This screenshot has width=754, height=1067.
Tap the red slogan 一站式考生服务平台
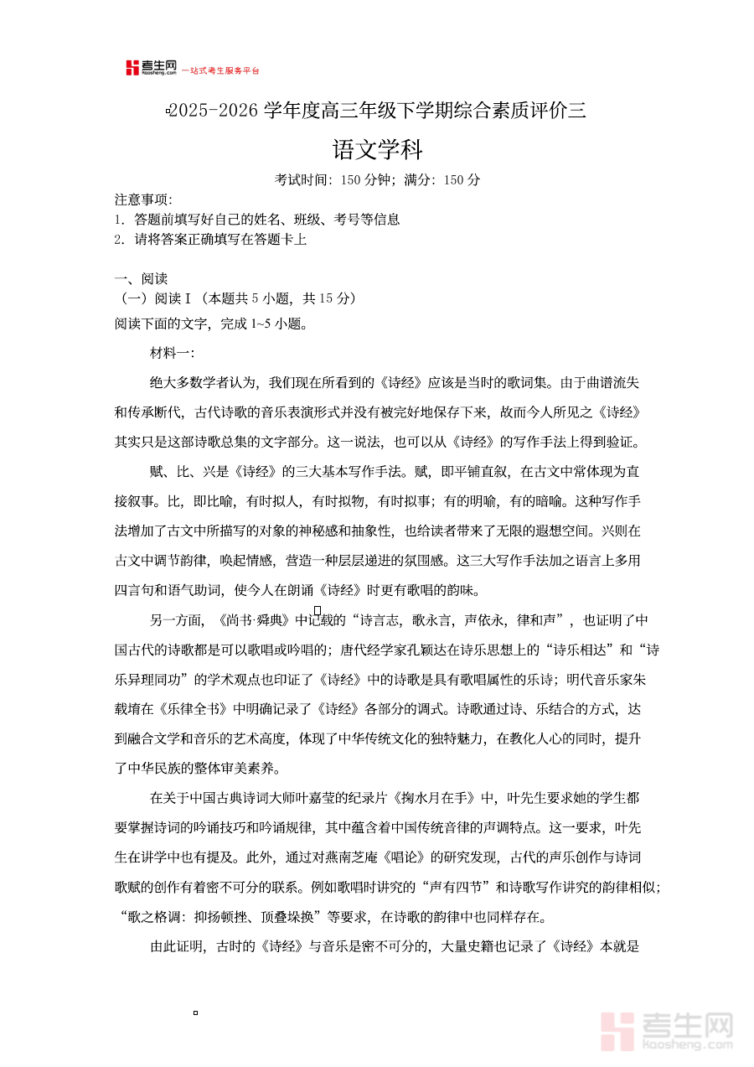[x=221, y=71]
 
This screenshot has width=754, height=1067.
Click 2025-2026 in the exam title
[x=215, y=110]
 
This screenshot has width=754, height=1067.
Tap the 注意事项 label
[x=143, y=199]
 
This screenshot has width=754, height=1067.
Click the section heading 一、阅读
[x=141, y=279]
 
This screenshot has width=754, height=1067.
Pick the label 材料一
[x=172, y=353]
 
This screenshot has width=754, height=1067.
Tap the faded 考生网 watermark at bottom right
[x=668, y=1029]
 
